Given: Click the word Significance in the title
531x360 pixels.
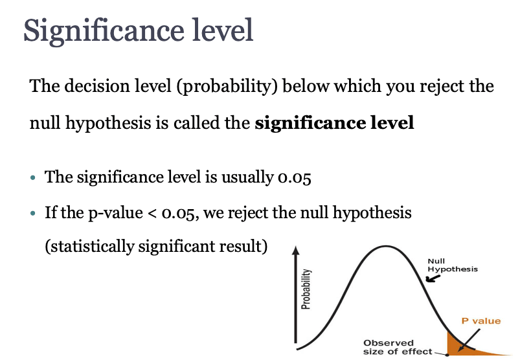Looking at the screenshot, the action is pos(104,31).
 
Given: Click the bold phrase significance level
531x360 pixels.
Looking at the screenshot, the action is pos(334,123).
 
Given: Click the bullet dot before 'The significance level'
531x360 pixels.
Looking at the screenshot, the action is pos(33,177).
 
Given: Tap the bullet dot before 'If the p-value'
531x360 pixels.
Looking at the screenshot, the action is pos(33,213).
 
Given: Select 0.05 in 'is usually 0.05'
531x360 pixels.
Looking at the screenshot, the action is pos(294,177).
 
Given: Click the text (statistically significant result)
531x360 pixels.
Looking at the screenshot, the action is pos(156,246).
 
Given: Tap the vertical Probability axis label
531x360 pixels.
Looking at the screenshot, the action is pos(306,289).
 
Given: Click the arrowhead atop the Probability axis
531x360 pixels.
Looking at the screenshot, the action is pos(296,250).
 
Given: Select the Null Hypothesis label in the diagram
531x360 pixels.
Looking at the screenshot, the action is pos(453,265).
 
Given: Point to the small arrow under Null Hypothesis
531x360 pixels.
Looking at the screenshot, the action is pos(433,278).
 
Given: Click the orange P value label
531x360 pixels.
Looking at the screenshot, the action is pos(481,321).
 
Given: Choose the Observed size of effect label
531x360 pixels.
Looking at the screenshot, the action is pos(398,347).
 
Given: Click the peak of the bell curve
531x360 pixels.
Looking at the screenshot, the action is pos(386,246).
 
